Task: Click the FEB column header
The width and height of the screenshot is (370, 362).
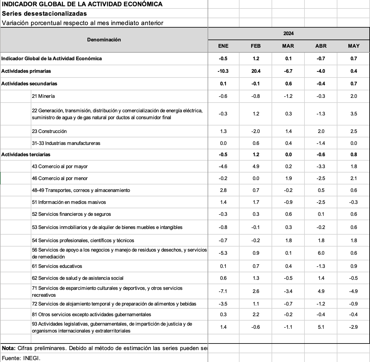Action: [256, 46]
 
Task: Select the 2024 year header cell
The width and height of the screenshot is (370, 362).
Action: [288, 34]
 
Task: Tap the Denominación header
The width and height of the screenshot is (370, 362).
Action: [104, 40]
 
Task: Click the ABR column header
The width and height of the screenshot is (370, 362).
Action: [321, 46]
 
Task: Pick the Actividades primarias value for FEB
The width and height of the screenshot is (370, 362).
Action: [256, 71]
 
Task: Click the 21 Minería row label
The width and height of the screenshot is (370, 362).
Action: [43, 96]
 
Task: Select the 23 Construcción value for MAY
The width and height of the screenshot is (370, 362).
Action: [353, 131]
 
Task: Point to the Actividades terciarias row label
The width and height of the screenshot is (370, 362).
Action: [26, 154]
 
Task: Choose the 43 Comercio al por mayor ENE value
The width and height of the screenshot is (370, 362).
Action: [223, 166]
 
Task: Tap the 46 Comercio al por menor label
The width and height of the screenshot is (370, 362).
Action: [60, 178]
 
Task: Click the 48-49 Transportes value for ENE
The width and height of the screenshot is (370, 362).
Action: [223, 190]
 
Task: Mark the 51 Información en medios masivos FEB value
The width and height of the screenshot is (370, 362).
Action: [256, 202]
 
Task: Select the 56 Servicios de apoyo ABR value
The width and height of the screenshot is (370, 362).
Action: [321, 253]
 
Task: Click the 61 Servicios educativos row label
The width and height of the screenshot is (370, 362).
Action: [57, 266]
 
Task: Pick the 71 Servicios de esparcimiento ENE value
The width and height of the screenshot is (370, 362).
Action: [223, 291]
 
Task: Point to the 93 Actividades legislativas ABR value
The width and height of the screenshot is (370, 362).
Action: [321, 327]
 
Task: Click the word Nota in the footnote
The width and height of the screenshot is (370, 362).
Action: [8, 348]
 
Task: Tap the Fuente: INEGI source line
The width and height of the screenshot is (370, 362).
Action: [21, 358]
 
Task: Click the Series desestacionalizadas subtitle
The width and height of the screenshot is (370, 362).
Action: [44, 13]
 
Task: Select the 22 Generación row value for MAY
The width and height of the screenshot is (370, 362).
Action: [353, 114]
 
